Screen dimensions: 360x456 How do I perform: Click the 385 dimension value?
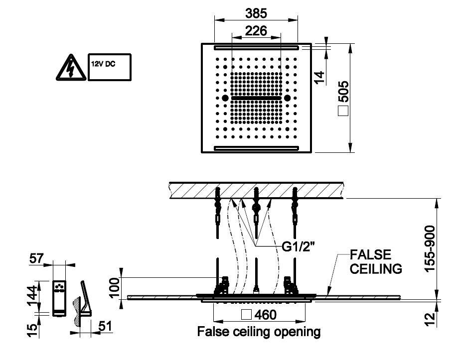pyautogui.click(x=256, y=11)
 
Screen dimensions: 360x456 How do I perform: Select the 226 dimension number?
pyautogui.click(x=256, y=31)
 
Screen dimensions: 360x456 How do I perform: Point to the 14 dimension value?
pyautogui.click(x=319, y=76)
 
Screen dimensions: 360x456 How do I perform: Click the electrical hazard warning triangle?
pyautogui.click(x=69, y=68)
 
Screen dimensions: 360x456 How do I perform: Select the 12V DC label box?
pyautogui.click(x=109, y=67)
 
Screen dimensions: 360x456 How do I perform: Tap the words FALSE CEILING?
pyautogui.click(x=376, y=262)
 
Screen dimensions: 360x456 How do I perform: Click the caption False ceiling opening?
pyautogui.click(x=259, y=332)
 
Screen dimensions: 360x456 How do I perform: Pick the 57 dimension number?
pyautogui.click(x=37, y=258)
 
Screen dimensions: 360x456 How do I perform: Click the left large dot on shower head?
pyautogui.click(x=225, y=98)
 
